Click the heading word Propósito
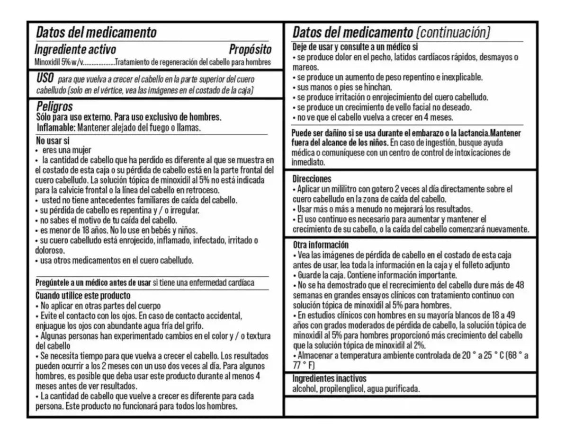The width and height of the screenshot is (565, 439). (250, 49)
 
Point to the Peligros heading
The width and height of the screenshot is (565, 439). (54, 107)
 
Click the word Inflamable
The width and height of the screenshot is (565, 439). (55, 128)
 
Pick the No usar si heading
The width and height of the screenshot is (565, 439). (53, 140)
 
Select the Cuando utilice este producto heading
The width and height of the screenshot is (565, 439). (77, 295)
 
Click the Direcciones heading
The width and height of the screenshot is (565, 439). (312, 179)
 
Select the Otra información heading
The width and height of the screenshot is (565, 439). (320, 245)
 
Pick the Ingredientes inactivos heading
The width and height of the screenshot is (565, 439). (329, 378)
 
